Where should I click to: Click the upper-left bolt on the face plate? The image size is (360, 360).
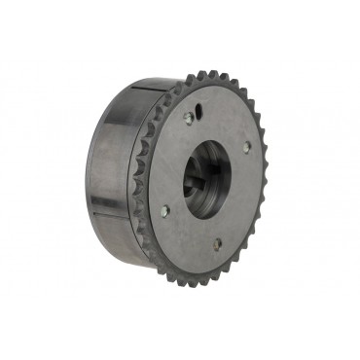click(x=189, y=119)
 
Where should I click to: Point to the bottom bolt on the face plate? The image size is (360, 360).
click(x=216, y=244)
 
